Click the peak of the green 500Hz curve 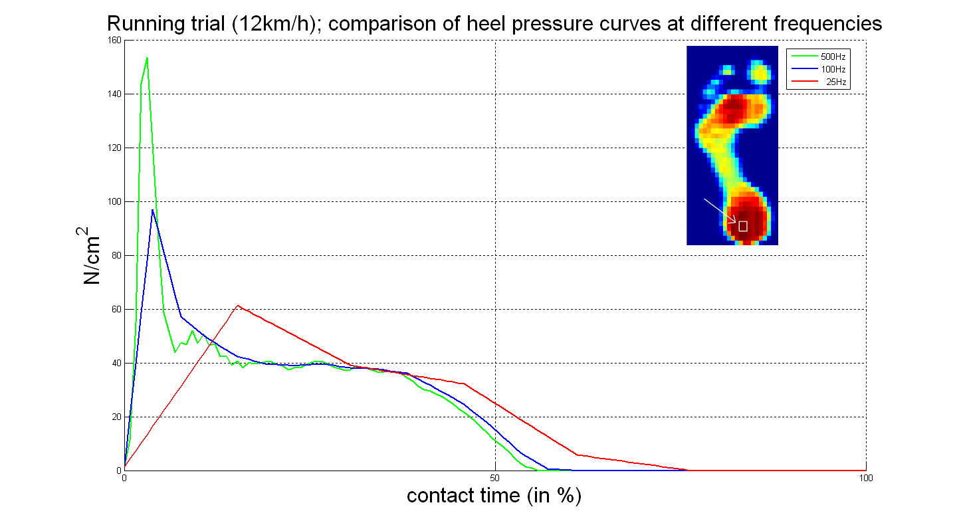coord(147,58)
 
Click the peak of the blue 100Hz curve coord(153,210)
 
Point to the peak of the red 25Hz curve coord(237,306)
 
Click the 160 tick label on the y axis coord(114,40)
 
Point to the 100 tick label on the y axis coord(114,201)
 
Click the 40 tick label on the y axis coord(116,363)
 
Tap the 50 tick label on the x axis coord(495,478)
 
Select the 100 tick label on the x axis coord(865,478)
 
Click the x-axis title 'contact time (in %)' coord(494,496)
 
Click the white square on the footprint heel coord(743,226)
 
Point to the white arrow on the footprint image coord(720,210)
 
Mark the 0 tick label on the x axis coord(125,478)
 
